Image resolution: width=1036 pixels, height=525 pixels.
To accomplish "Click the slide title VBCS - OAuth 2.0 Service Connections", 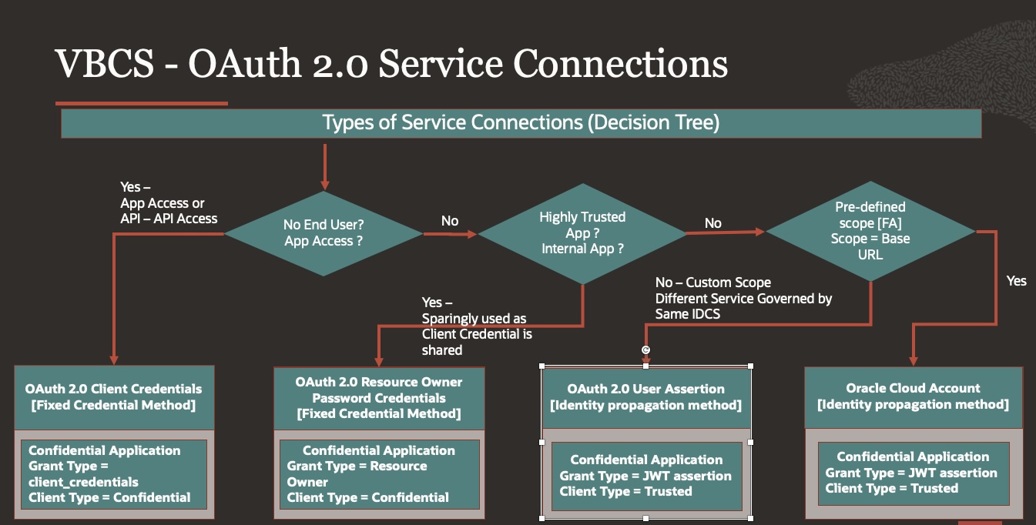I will (x=391, y=64).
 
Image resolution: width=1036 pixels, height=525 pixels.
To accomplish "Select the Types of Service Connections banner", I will (x=521, y=123).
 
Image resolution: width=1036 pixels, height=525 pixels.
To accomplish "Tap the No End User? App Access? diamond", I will (x=324, y=232).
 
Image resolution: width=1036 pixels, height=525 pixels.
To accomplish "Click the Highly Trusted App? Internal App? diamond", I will (x=582, y=232).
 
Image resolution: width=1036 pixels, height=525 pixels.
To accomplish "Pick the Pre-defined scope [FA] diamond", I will (x=870, y=230).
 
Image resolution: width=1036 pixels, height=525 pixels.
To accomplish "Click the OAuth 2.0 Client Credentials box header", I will (x=114, y=396).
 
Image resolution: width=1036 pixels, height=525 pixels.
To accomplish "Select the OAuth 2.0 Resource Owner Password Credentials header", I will (x=379, y=398).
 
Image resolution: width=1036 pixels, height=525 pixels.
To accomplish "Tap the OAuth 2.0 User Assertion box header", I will (x=645, y=397).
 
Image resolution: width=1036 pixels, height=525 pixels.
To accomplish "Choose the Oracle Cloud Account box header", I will (x=913, y=396).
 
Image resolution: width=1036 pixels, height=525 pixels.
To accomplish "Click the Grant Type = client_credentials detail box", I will (x=114, y=474).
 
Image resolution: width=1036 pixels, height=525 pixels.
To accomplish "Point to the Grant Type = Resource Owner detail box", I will (x=379, y=474).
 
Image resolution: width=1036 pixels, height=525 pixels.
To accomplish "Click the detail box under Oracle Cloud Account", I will (x=913, y=473).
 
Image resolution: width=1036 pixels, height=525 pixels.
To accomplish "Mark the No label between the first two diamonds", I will (x=450, y=222).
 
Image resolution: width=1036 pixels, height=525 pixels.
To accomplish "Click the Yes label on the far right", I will (x=1016, y=281).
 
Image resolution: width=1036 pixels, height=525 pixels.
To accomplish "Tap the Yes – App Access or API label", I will (x=169, y=203).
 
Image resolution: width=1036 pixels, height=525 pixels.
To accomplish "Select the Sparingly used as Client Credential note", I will (x=477, y=326).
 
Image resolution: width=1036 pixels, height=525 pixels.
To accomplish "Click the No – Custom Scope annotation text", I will (x=743, y=298).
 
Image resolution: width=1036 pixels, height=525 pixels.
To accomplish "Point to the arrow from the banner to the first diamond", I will (x=324, y=166).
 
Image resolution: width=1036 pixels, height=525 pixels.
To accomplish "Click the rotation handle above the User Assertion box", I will (x=646, y=350).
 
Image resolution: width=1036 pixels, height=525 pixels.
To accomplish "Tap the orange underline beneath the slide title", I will (x=142, y=102).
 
